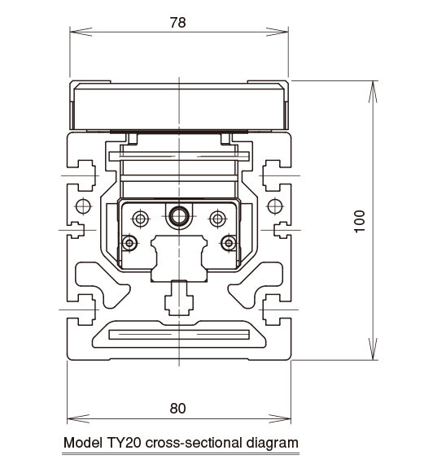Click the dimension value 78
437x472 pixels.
[178, 23]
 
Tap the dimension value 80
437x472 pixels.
[178, 409]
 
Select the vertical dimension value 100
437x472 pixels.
[360, 221]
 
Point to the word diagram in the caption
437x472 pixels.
[273, 444]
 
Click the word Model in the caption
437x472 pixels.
[83, 443]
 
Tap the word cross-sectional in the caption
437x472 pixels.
[194, 443]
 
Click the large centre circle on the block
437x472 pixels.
[179, 216]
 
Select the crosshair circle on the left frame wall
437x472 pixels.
[83, 206]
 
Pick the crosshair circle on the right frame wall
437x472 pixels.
[275, 206]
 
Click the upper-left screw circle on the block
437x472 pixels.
[141, 219]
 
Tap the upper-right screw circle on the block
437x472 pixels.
[218, 219]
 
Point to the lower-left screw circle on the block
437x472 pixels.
[129, 243]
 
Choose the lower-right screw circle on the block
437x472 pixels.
[229, 243]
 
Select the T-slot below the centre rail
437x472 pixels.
[179, 297]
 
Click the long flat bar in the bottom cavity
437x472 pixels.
[179, 335]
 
